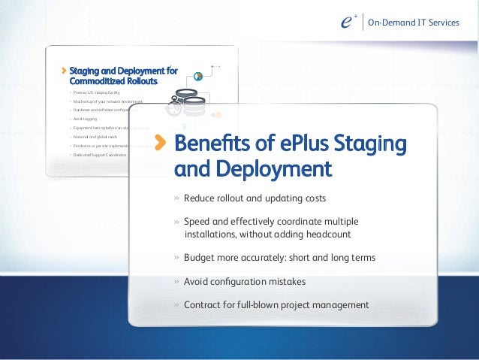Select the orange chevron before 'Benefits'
(x=161, y=144)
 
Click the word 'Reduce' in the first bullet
(x=199, y=198)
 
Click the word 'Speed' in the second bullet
(x=197, y=222)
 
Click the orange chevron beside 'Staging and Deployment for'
(x=63, y=71)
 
